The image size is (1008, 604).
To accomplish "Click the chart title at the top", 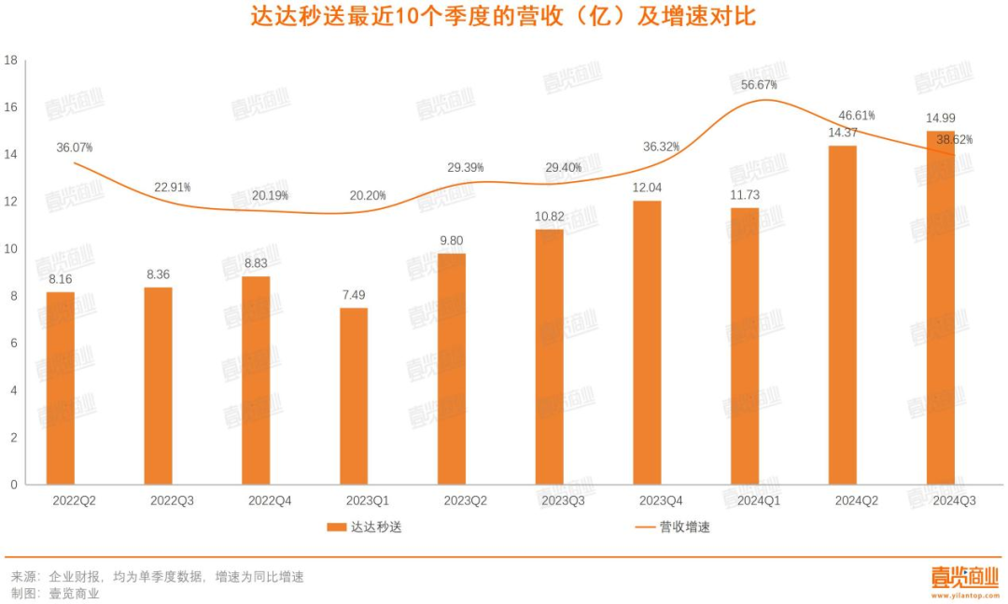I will pos(503,19).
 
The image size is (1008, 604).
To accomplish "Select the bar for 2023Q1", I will pos(354,396).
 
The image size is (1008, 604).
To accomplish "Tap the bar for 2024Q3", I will pos(940,308).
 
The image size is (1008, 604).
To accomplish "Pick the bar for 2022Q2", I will pos(61,387).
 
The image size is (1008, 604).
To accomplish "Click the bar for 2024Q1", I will pos(745,345).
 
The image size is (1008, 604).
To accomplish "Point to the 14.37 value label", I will pos(843,133).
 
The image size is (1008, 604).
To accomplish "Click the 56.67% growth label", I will pos(758,85).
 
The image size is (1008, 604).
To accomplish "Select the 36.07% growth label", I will pos(74,147).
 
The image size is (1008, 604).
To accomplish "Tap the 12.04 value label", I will pos(647,187).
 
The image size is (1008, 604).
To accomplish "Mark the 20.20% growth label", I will pos(367,196).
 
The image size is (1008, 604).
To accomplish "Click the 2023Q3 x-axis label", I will pos(563,500).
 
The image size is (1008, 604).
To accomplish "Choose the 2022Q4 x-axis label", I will pos(270,500).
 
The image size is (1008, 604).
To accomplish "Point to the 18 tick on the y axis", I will pos(11,61).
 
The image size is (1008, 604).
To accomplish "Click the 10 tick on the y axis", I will pos(11,249).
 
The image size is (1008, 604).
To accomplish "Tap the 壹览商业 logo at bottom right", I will pos(964,579).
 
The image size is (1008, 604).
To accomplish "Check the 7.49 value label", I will pos(354,295).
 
